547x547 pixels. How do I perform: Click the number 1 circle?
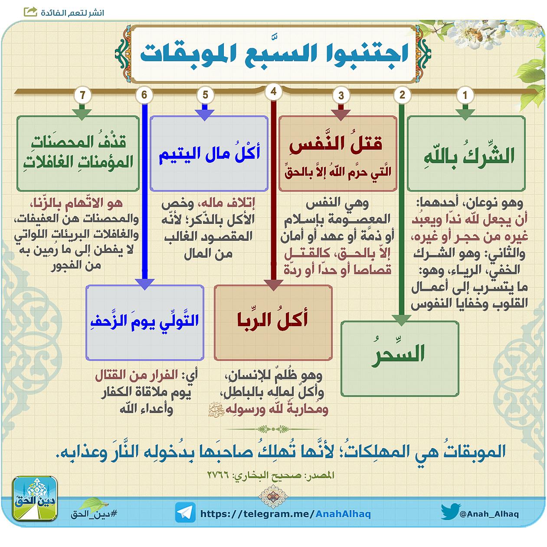coord(465,95)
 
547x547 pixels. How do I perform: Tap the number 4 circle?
coord(273,92)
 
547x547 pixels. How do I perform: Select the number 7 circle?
coord(82,95)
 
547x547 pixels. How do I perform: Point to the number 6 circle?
coord(144,95)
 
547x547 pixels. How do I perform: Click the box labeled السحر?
coord(400,358)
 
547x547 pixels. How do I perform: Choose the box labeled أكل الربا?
coord(273,323)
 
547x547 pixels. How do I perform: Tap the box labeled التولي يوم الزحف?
coord(145,323)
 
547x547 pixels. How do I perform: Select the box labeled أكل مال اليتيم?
coord(209,154)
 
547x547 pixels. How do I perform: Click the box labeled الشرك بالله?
coord(466,154)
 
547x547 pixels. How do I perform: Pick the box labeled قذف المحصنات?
coord(78,154)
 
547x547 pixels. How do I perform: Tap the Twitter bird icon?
coord(450,512)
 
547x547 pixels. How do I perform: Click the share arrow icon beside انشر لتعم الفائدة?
coord(30,12)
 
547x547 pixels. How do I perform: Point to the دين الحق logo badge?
coord(35,499)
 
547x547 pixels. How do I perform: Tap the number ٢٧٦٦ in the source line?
coord(218,475)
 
